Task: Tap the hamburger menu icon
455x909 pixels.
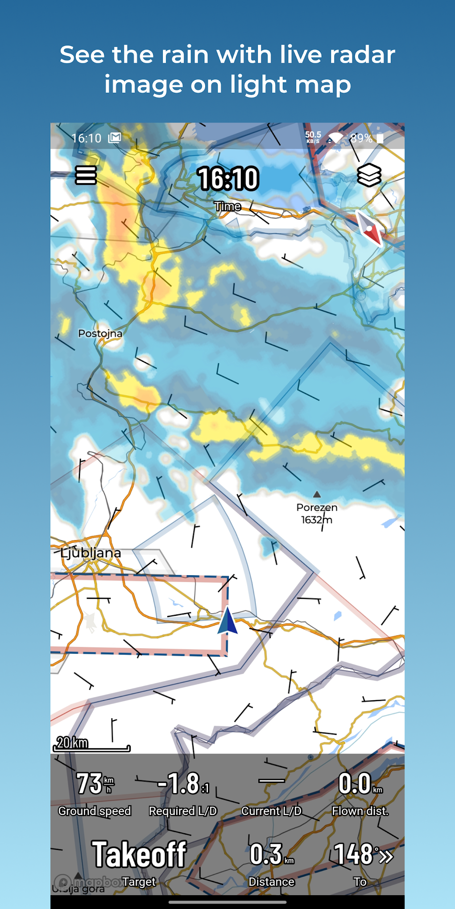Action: click(86, 175)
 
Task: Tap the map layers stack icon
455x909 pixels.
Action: click(369, 175)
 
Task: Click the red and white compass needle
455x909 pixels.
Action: click(370, 228)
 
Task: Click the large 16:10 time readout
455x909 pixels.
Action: click(228, 179)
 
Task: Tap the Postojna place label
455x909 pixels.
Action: click(100, 333)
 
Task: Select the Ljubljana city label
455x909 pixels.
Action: click(91, 553)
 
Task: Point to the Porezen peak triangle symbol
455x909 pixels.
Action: click(317, 494)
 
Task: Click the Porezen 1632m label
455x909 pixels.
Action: click(317, 513)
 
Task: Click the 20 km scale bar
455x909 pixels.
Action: click(91, 745)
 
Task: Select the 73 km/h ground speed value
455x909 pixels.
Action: click(95, 784)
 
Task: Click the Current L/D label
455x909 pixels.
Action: click(271, 811)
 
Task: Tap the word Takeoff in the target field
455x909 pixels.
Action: click(139, 854)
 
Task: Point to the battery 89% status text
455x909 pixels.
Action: click(361, 138)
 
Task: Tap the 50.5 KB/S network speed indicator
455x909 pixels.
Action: click(313, 137)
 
